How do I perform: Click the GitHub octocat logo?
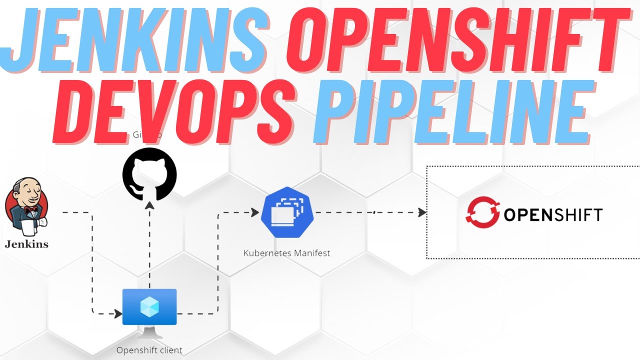click(x=149, y=174)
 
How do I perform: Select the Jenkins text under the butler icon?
click(x=26, y=244)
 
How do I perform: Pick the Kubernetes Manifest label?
click(x=286, y=253)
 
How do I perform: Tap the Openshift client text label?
click(x=149, y=350)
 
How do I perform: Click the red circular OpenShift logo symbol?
click(x=482, y=214)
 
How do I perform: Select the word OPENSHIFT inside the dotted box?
click(x=552, y=215)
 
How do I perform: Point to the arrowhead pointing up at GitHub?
click(x=149, y=205)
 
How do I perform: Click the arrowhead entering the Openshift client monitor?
click(x=118, y=314)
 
